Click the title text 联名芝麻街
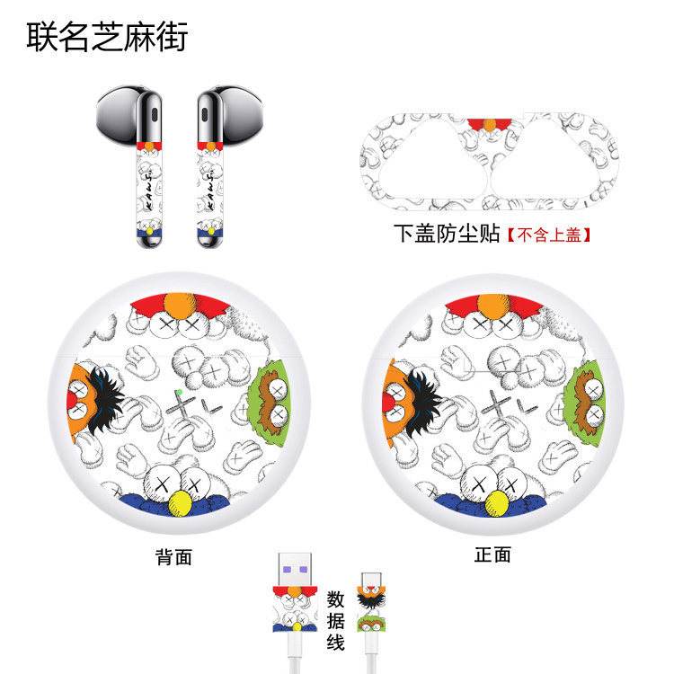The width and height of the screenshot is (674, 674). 107,36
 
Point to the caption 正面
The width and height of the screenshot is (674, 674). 492,554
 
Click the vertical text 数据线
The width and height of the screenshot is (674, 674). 335,620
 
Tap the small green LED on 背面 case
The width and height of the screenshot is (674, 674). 180,393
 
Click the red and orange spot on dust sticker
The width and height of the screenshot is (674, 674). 491,123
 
